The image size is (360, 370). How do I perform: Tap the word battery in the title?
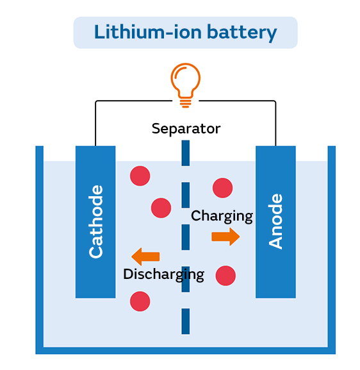click(x=241, y=33)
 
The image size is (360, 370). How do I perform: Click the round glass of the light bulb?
click(x=186, y=80)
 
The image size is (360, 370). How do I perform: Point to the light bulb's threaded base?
click(x=186, y=103)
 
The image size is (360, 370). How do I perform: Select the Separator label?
click(x=186, y=129)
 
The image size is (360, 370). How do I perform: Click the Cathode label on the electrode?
click(x=96, y=222)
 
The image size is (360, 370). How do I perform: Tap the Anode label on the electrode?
click(x=275, y=221)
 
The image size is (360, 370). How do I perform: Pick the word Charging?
click(x=222, y=216)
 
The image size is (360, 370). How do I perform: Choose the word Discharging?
click(x=163, y=274)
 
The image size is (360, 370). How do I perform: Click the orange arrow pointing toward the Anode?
click(x=225, y=237)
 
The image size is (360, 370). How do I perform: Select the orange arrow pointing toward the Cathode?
click(x=145, y=256)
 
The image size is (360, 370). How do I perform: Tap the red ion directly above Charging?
click(x=222, y=188)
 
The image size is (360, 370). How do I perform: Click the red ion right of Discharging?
click(x=225, y=276)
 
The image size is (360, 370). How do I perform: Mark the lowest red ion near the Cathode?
click(x=140, y=301)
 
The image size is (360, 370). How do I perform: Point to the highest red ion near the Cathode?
click(x=140, y=176)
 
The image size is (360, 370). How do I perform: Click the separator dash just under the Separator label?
click(x=186, y=153)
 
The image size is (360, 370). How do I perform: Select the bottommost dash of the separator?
click(x=186, y=321)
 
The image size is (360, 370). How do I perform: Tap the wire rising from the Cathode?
click(x=95, y=122)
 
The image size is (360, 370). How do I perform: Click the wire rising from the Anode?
click(x=275, y=122)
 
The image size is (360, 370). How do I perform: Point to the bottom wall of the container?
click(x=186, y=350)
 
